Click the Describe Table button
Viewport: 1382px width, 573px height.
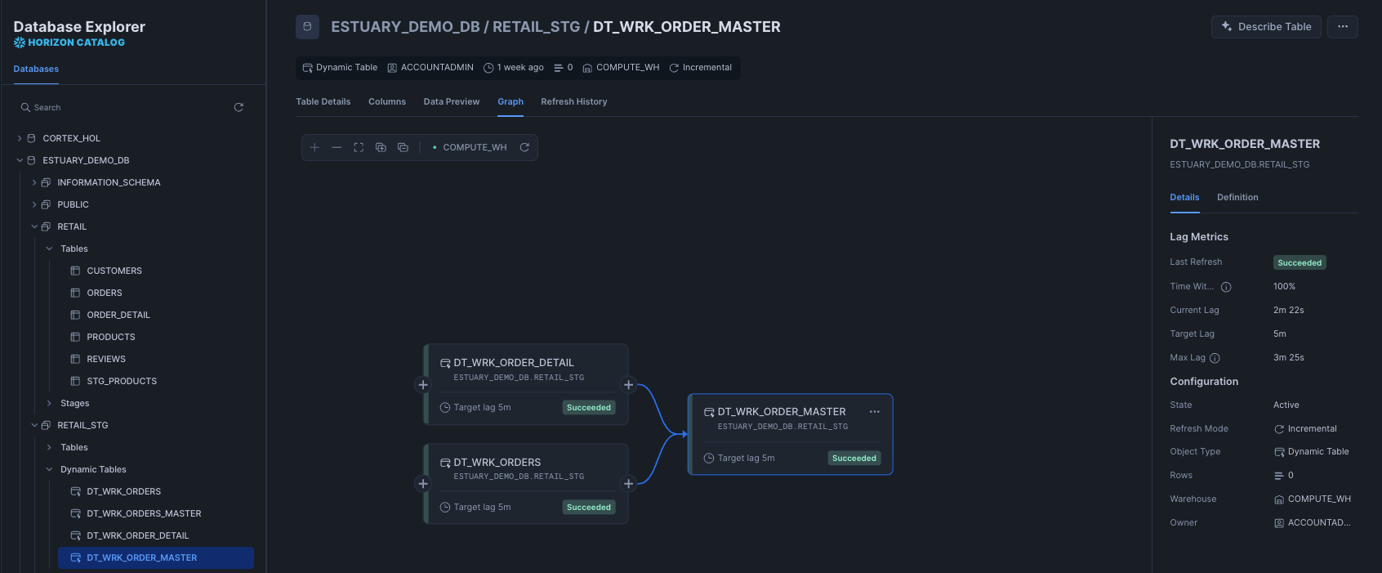click(x=1265, y=27)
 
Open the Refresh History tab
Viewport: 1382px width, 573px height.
click(x=573, y=102)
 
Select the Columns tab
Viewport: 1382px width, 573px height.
click(x=386, y=102)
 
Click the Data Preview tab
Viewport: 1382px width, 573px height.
click(x=451, y=102)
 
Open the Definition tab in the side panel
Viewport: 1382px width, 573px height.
click(x=1237, y=198)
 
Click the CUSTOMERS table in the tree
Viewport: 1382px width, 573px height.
click(x=114, y=271)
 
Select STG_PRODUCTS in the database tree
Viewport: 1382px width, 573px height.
click(x=122, y=382)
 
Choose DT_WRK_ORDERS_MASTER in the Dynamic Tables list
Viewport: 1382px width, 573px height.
click(x=144, y=514)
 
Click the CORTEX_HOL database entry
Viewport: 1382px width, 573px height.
click(x=71, y=139)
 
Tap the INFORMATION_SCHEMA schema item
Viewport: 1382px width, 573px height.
click(x=109, y=183)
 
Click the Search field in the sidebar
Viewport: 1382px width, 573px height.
click(x=123, y=108)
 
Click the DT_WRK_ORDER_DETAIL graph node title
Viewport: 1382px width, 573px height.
click(x=513, y=363)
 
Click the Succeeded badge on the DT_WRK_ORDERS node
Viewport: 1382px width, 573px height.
click(x=588, y=508)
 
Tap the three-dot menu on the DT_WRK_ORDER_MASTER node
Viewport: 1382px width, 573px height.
click(x=874, y=412)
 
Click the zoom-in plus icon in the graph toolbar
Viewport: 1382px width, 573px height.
click(x=314, y=148)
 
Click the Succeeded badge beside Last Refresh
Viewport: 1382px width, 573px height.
click(x=1299, y=263)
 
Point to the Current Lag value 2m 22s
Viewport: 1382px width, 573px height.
click(x=1288, y=311)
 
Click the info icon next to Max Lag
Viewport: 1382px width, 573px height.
click(x=1215, y=358)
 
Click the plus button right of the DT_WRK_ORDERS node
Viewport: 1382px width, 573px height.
click(x=628, y=484)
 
